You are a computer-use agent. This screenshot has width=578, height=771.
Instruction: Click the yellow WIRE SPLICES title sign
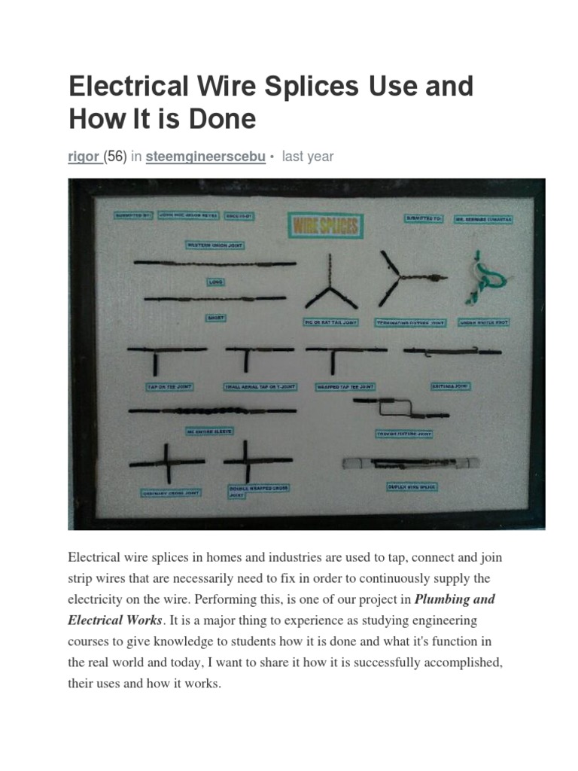click(x=326, y=225)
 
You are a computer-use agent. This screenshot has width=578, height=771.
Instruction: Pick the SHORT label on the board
click(x=216, y=318)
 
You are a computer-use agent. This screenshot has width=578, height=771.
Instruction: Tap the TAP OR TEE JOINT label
click(x=169, y=386)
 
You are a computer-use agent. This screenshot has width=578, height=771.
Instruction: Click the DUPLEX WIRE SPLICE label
click(x=412, y=487)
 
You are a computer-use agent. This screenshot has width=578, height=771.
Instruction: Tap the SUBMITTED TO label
click(x=425, y=218)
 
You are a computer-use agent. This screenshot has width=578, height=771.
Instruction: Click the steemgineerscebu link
click(x=205, y=157)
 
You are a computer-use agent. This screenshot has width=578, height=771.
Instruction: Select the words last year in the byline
click(x=307, y=157)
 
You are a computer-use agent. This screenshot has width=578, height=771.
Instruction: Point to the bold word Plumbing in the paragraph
click(x=443, y=599)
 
